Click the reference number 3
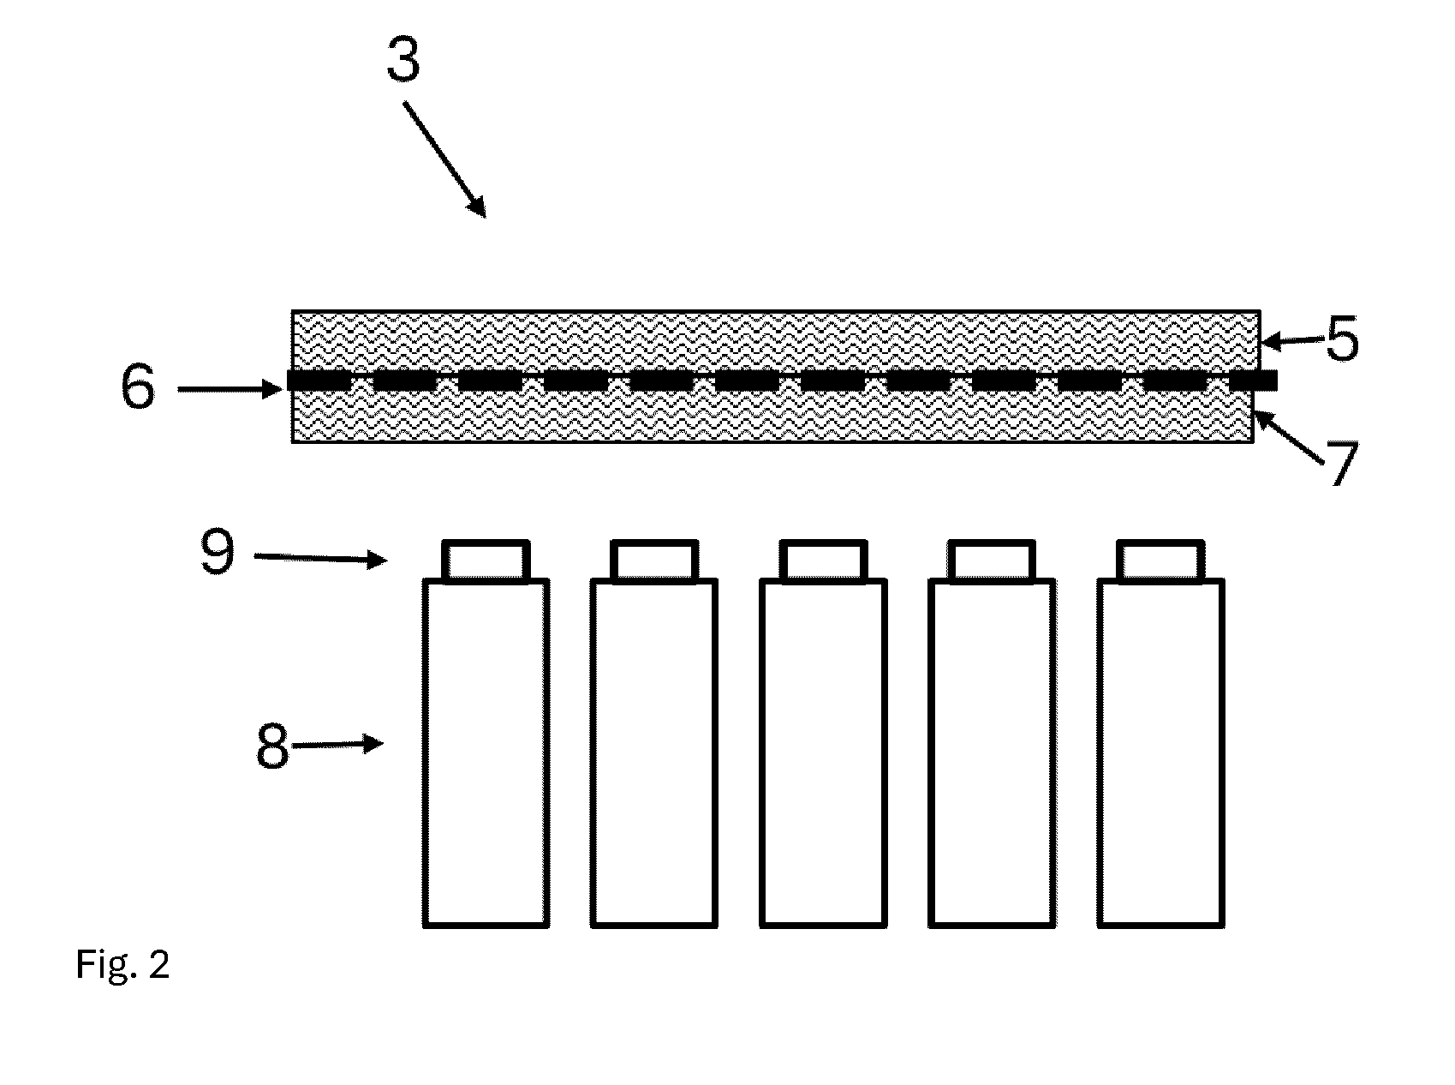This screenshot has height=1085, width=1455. (403, 61)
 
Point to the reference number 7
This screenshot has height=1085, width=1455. (1341, 464)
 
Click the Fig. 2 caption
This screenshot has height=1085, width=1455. (123, 965)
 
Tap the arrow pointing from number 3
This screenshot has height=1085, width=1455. (444, 159)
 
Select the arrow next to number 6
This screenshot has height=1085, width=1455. (230, 390)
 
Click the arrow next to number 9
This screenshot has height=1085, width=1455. (319, 559)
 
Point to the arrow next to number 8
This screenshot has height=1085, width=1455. (337, 745)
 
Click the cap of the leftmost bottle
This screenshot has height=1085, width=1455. (486, 560)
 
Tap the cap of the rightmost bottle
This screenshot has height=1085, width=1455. (1160, 560)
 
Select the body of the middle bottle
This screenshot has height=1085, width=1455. (823, 753)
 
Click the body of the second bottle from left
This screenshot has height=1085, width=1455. (654, 753)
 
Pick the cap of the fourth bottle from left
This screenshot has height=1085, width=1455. (992, 560)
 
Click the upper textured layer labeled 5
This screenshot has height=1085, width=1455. (776, 341)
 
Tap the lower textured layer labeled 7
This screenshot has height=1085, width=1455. (773, 417)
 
